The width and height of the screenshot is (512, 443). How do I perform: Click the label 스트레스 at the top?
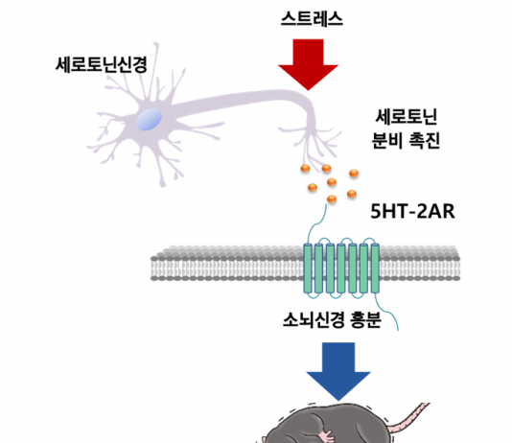(x=312, y=19)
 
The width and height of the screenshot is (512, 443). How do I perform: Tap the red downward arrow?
(x=308, y=64)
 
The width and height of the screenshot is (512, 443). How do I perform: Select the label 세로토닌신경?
(x=102, y=64)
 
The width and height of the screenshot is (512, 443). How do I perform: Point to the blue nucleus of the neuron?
(x=149, y=120)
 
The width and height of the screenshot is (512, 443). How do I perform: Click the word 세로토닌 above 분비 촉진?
(x=407, y=117)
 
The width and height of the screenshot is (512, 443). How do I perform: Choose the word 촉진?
(x=425, y=141)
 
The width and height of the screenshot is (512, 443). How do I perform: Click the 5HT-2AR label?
(x=412, y=212)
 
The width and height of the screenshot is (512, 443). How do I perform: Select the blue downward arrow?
(x=338, y=371)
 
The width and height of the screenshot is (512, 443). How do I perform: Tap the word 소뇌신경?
(x=314, y=319)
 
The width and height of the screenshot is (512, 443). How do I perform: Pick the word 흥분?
(x=365, y=319)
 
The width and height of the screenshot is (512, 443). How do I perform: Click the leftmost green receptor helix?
(x=308, y=268)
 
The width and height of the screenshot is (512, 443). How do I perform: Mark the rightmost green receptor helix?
(x=375, y=268)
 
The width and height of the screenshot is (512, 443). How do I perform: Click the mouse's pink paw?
(x=327, y=436)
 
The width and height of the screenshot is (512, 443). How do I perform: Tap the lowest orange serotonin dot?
(x=332, y=198)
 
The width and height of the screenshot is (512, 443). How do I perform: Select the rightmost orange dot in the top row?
(x=354, y=173)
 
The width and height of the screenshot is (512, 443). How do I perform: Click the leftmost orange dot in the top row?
(x=305, y=169)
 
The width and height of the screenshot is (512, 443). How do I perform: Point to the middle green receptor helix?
(x=341, y=268)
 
